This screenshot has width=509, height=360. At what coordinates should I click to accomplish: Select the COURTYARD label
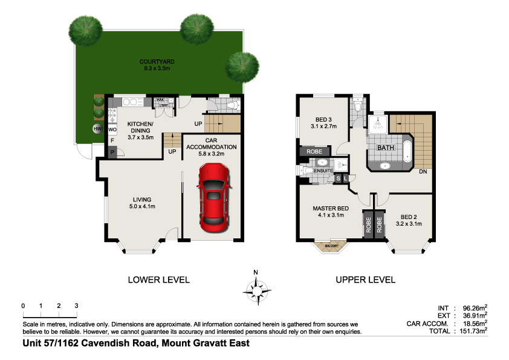157,62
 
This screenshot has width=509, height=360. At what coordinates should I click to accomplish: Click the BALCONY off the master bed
331,245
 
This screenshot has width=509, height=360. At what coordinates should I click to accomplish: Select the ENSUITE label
323,171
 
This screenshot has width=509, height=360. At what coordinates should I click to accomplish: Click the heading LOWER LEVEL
158,280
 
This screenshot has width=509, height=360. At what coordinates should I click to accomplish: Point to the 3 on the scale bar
76,306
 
